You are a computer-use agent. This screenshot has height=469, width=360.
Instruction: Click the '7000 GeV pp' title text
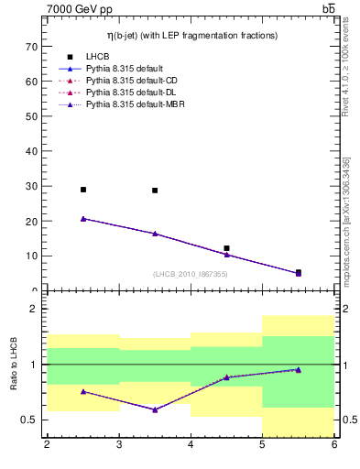[80, 10]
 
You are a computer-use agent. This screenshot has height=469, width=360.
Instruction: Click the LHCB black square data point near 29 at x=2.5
[83, 190]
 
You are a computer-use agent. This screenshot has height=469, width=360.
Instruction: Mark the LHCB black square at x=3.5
[155, 191]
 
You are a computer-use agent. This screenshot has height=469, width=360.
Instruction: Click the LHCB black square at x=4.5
[226, 248]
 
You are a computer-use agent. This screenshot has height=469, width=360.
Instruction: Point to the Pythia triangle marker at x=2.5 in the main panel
[83, 219]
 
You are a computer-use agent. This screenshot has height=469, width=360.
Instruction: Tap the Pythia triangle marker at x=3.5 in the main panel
[155, 234]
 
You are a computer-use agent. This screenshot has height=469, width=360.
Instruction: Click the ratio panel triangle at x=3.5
[155, 409]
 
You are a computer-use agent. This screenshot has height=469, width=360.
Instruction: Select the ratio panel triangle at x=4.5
[226, 377]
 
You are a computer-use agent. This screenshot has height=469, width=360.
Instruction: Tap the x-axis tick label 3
[118, 445]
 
